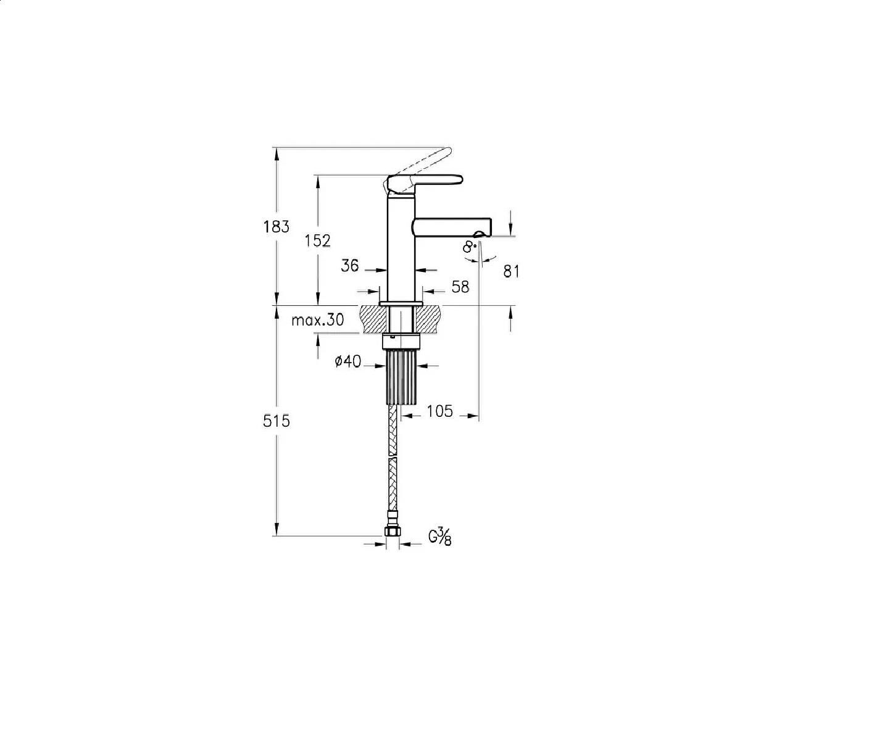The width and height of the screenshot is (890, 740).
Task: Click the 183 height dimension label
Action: (x=277, y=227)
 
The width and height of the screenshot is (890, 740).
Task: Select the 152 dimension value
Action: (x=318, y=241)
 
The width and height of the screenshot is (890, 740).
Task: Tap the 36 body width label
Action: (x=350, y=266)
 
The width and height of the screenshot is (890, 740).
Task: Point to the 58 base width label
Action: (x=460, y=287)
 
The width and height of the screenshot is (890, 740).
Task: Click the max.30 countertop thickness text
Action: (x=318, y=319)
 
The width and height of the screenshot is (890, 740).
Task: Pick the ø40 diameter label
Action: (x=348, y=362)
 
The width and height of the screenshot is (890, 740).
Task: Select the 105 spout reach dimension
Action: (x=440, y=411)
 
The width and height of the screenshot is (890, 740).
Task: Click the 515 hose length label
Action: (x=277, y=421)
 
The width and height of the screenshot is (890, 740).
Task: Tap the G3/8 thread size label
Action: (x=440, y=536)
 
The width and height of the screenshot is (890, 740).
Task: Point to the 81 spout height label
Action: (x=512, y=271)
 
